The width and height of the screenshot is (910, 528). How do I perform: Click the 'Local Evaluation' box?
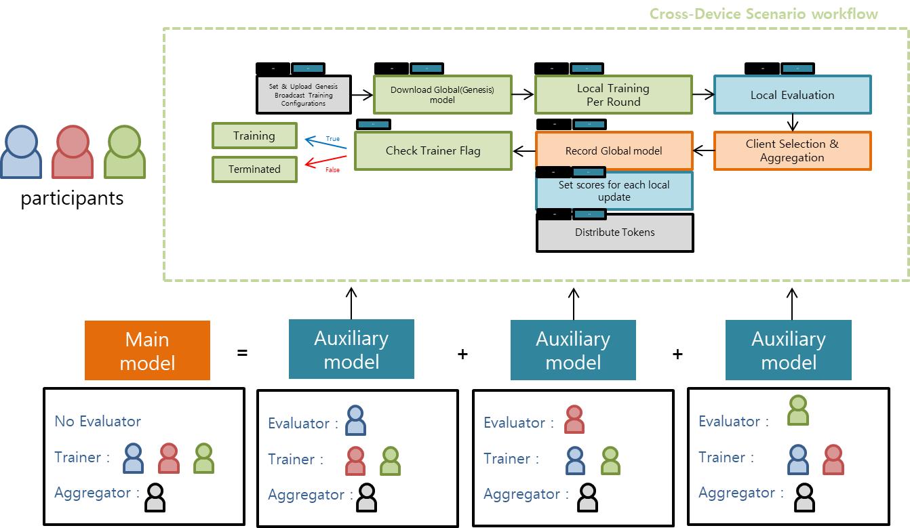pos(792,95)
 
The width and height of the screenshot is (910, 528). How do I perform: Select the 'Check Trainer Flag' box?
pos(433,150)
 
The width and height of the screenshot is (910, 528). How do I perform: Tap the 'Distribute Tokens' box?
pos(614,232)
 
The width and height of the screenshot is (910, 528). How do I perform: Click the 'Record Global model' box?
pos(614,150)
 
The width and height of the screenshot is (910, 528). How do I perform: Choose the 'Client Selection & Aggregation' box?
pos(792,150)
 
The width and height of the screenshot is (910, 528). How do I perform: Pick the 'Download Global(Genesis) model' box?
pos(442,94)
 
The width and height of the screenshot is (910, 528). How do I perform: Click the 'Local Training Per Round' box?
pos(613,95)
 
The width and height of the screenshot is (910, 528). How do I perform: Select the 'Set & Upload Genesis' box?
pos(304,94)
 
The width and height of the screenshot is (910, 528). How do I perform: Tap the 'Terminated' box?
pos(254,169)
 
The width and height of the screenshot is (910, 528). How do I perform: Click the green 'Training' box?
pos(254,136)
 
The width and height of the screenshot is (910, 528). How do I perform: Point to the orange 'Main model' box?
pos(147,350)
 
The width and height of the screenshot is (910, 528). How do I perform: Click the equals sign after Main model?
pos(242,352)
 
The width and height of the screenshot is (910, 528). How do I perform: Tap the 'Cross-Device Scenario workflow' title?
pos(764,14)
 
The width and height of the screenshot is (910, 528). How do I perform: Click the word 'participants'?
pos(72,199)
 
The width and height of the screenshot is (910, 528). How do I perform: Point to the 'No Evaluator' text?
pos(98,421)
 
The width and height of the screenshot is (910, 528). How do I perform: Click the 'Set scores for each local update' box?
pos(614,191)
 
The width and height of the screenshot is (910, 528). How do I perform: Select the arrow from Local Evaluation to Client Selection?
pos(791,123)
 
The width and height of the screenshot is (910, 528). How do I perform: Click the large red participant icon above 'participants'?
pos(73,153)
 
